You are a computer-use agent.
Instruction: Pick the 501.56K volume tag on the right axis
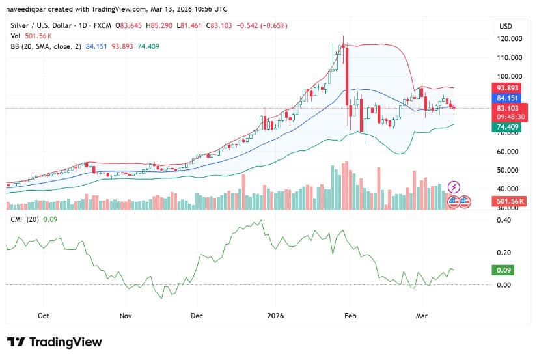tap(510, 202)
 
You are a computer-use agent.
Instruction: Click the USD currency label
tap(505, 26)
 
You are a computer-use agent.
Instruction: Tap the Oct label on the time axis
tap(44, 316)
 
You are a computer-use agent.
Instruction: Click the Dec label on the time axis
tap(197, 316)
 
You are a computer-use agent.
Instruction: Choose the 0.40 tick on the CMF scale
tap(504, 220)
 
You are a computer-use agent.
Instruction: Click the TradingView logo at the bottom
tap(55, 342)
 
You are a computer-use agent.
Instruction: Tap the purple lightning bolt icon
tap(454, 187)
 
